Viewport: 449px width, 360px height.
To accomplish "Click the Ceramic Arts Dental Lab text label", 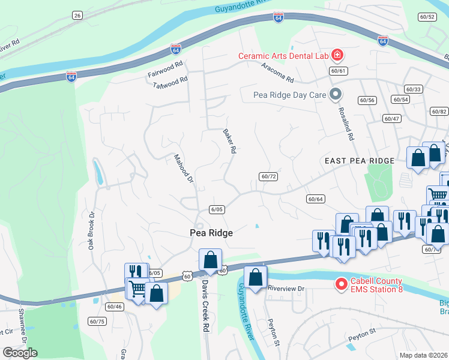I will (283, 56).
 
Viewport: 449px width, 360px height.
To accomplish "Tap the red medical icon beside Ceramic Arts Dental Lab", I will (337, 56).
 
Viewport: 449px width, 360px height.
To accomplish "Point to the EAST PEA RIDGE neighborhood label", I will (360, 161).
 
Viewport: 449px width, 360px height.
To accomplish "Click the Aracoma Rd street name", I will (278, 75).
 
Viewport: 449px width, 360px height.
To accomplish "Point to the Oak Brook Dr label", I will (93, 231).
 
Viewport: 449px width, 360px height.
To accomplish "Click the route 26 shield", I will (77, 15).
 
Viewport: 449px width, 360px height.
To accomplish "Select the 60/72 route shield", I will (268, 176).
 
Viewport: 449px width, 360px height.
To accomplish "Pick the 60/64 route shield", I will (315, 199).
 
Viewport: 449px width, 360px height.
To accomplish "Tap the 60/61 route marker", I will (339, 71).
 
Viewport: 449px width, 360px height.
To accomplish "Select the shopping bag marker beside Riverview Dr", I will (255, 278).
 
